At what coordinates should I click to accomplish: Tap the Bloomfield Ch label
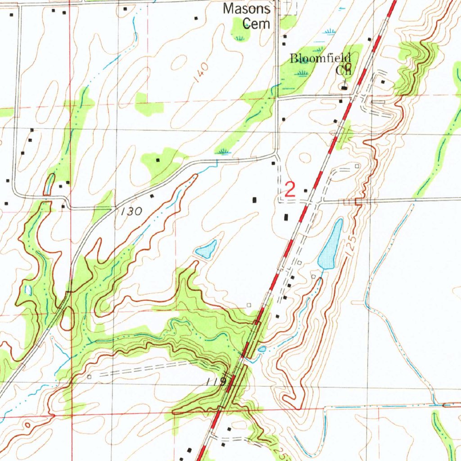320,63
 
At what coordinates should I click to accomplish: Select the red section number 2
290,190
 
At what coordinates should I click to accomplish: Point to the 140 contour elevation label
202,72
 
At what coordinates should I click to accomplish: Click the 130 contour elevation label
131,211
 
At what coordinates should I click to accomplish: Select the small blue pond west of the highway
207,249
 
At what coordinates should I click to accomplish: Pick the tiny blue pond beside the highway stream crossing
262,349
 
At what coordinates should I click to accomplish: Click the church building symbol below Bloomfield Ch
344,87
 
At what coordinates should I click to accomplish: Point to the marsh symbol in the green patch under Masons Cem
239,38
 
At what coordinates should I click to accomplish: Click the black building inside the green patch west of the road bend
158,160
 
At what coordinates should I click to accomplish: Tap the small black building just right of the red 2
306,191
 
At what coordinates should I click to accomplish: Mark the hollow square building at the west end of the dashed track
90,376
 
